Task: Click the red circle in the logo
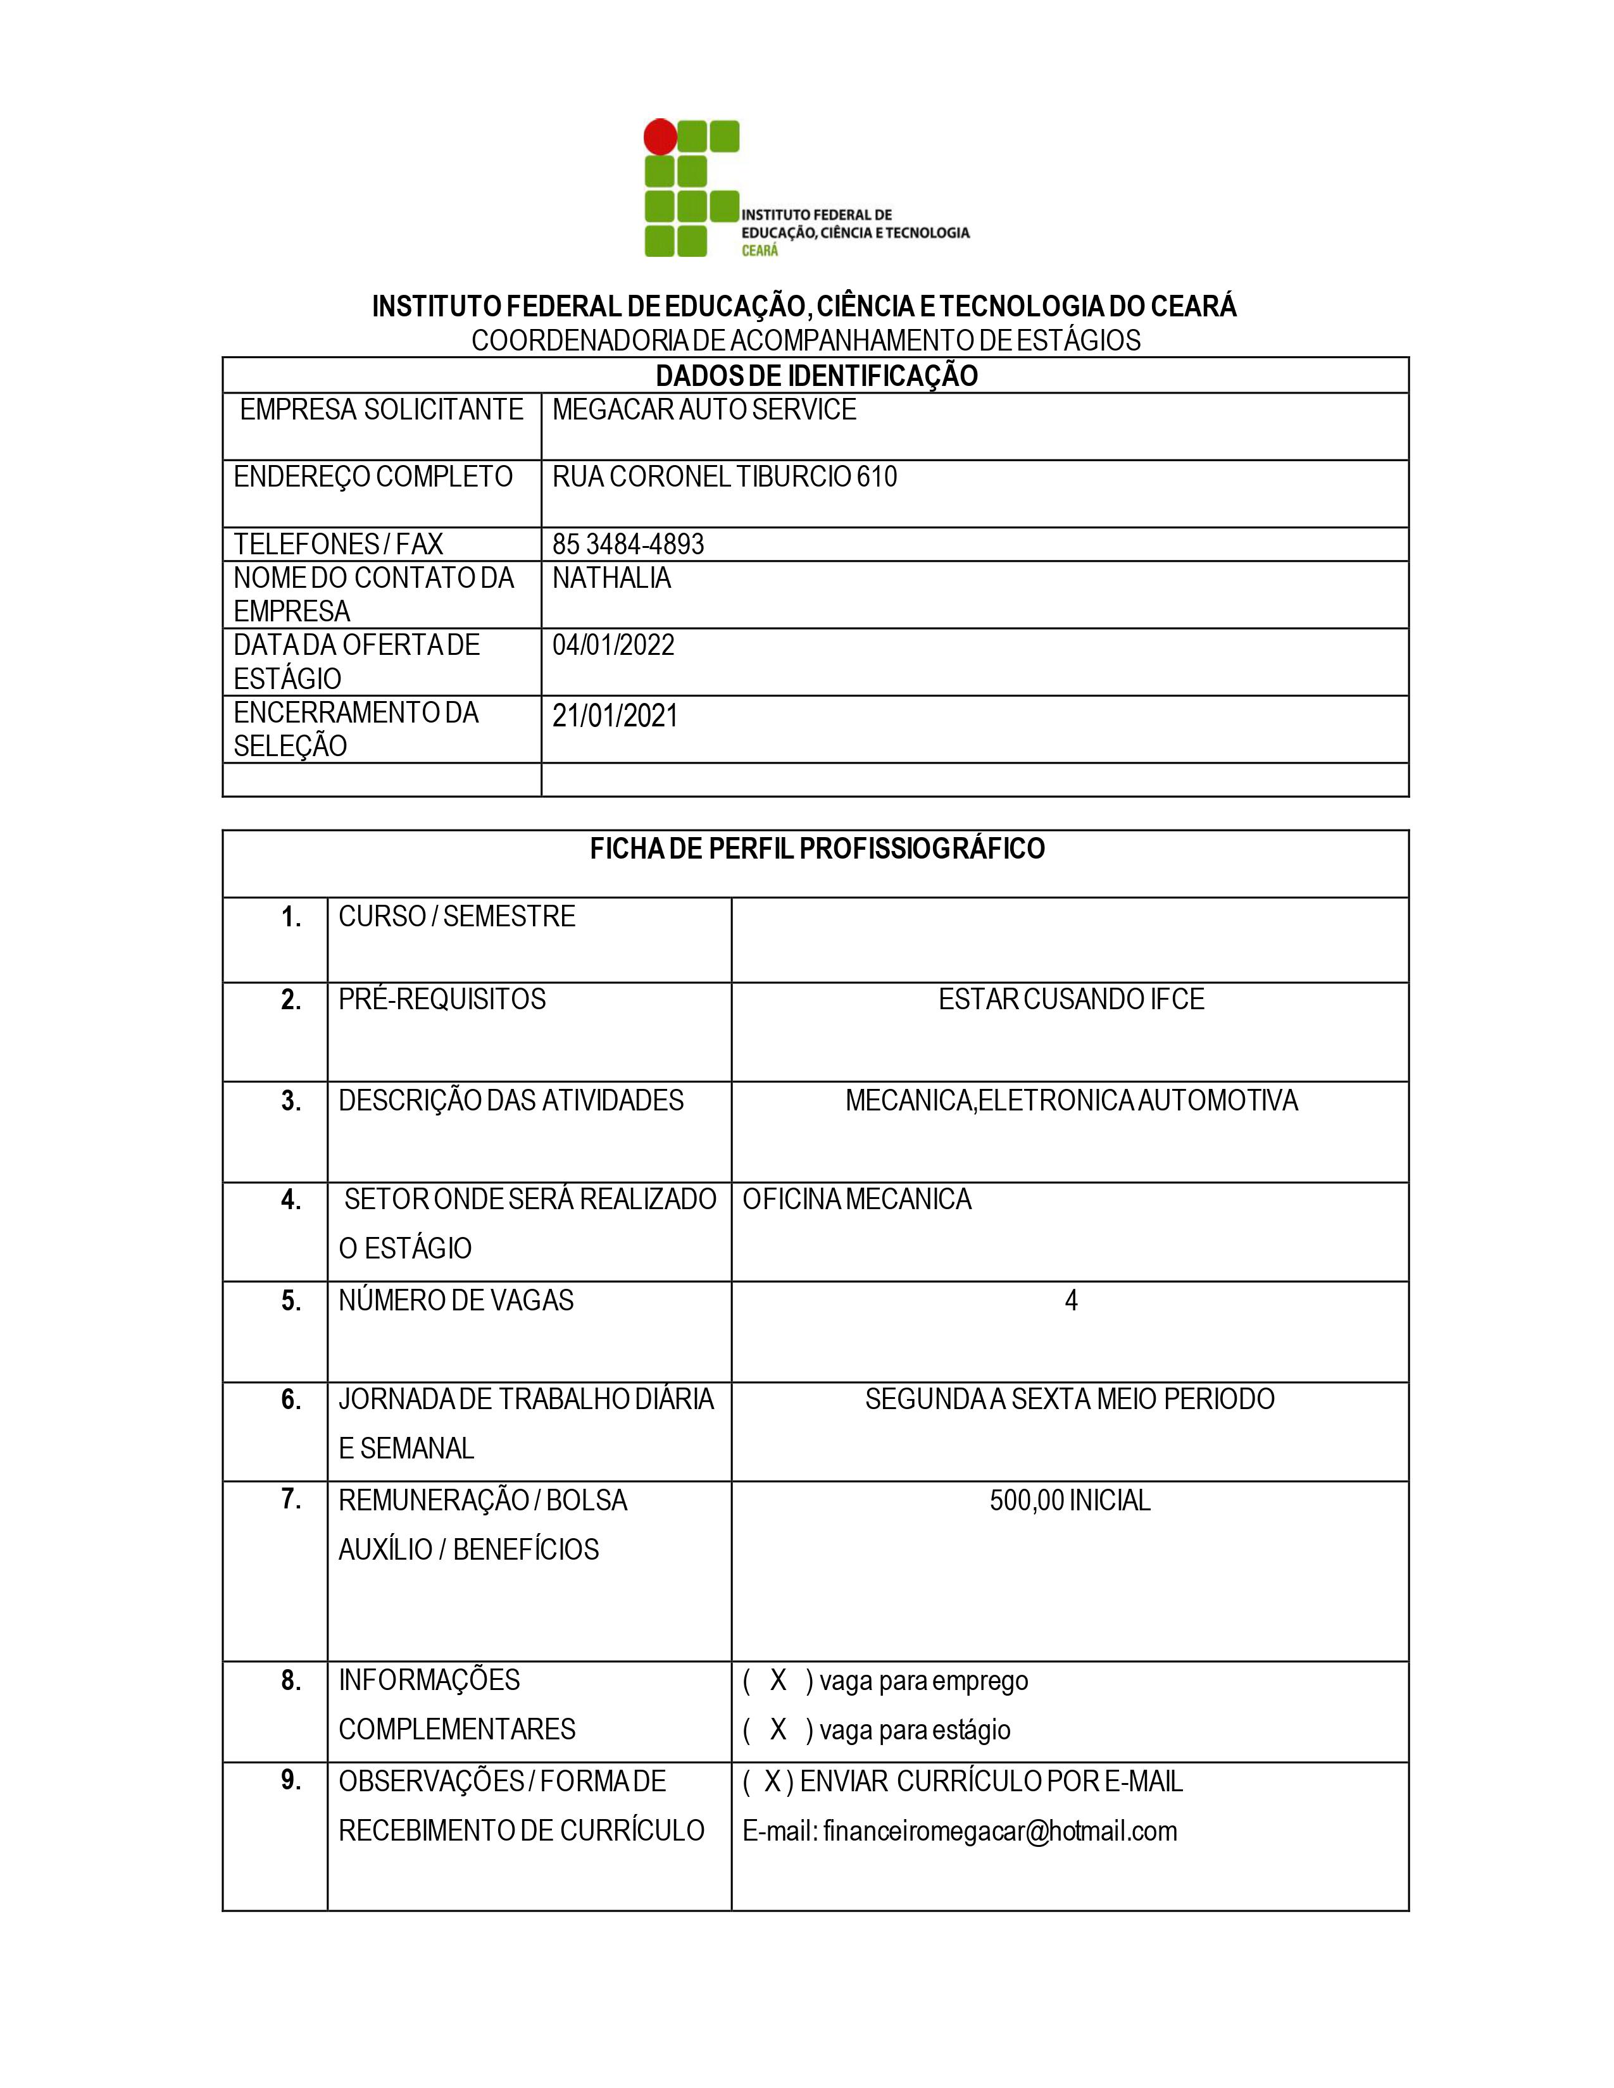tap(660, 137)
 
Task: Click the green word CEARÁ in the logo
tap(760, 251)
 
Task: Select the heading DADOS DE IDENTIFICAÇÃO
tap(816, 376)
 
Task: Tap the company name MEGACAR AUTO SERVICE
tap(704, 410)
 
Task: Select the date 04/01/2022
tap(613, 645)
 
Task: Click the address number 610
tap(876, 477)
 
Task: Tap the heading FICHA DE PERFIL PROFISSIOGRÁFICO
tap(816, 849)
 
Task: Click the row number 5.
tap(291, 1301)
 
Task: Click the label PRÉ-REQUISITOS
tap(442, 1000)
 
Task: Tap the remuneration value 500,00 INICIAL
tap(1069, 1501)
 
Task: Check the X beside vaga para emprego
tap(779, 1681)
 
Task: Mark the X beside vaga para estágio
tap(779, 1729)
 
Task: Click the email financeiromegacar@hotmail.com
tap(999, 1831)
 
